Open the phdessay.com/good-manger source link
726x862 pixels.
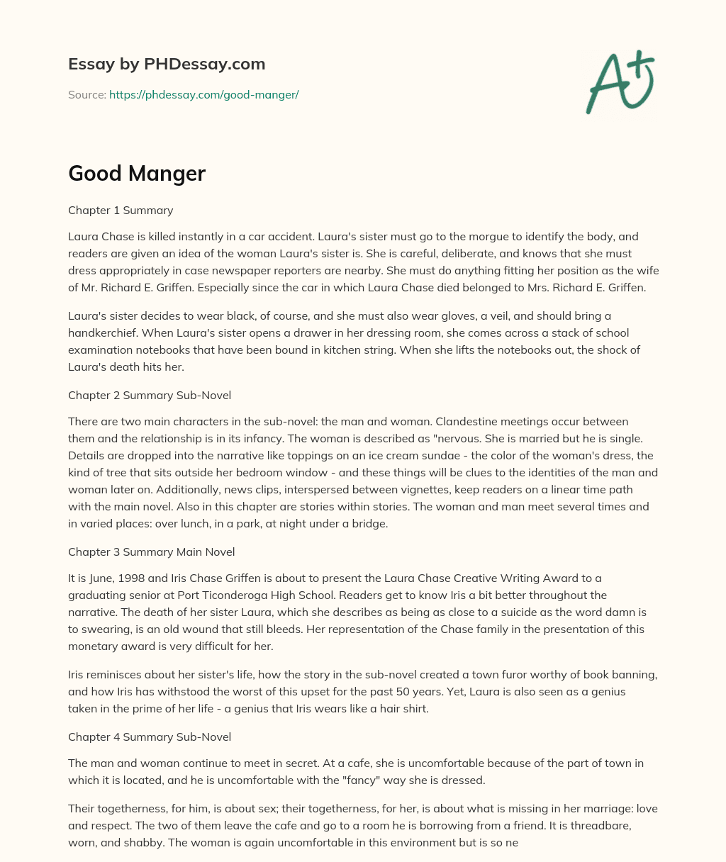coord(203,94)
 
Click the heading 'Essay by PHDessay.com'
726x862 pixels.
coord(167,64)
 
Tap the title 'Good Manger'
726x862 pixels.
coord(137,173)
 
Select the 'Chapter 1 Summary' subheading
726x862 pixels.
coord(121,210)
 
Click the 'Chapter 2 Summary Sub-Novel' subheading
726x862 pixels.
coord(150,395)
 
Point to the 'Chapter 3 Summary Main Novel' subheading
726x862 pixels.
coord(151,552)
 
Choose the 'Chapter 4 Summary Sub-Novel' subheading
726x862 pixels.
coord(150,737)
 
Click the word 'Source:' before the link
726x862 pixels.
coord(87,94)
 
